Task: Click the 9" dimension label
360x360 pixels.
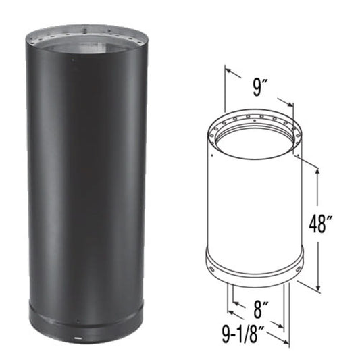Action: (x=259, y=86)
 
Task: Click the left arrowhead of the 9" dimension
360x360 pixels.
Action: (x=228, y=70)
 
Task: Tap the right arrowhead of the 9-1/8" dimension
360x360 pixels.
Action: (x=286, y=339)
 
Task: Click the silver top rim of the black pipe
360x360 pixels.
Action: (x=86, y=33)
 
